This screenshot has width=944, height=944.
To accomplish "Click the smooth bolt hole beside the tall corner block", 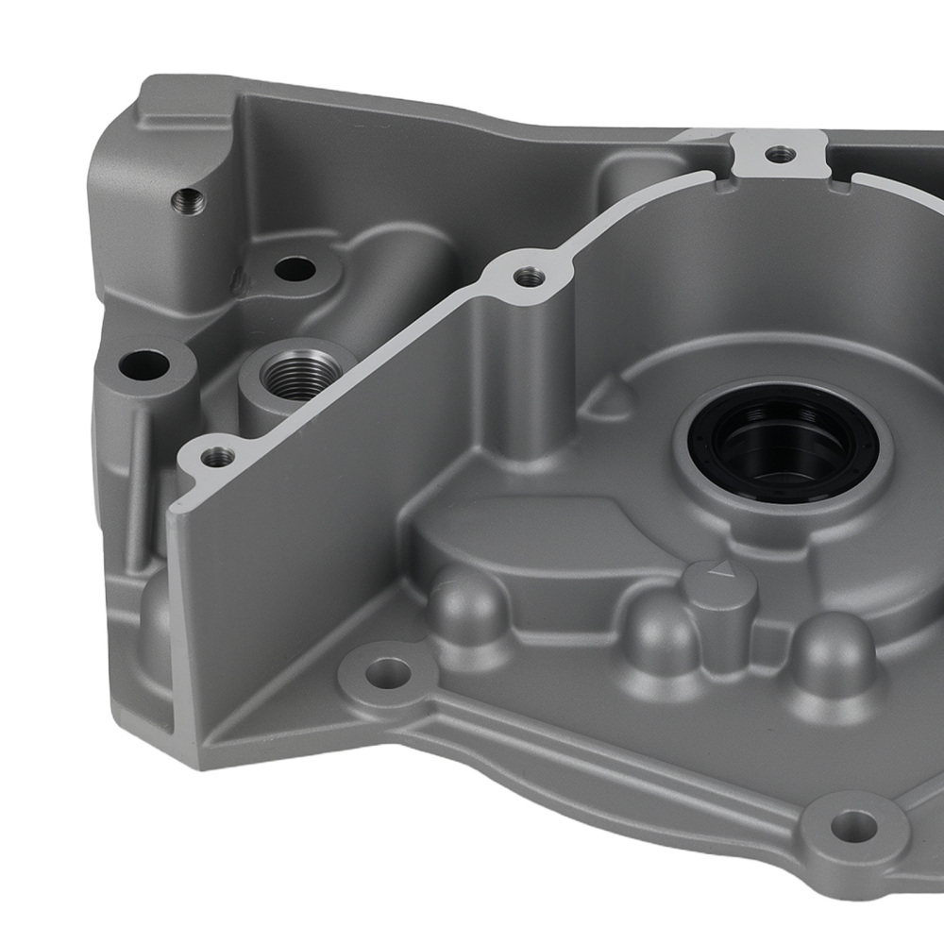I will point(295,269).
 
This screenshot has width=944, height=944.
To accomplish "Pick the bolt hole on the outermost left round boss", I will point(144,362).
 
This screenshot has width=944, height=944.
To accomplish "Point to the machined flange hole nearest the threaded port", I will point(219,456).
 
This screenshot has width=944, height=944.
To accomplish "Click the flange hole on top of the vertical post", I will point(529,276).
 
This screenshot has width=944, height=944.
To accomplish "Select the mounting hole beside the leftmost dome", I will point(387,672).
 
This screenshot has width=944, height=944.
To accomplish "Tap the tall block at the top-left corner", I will point(160,189).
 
